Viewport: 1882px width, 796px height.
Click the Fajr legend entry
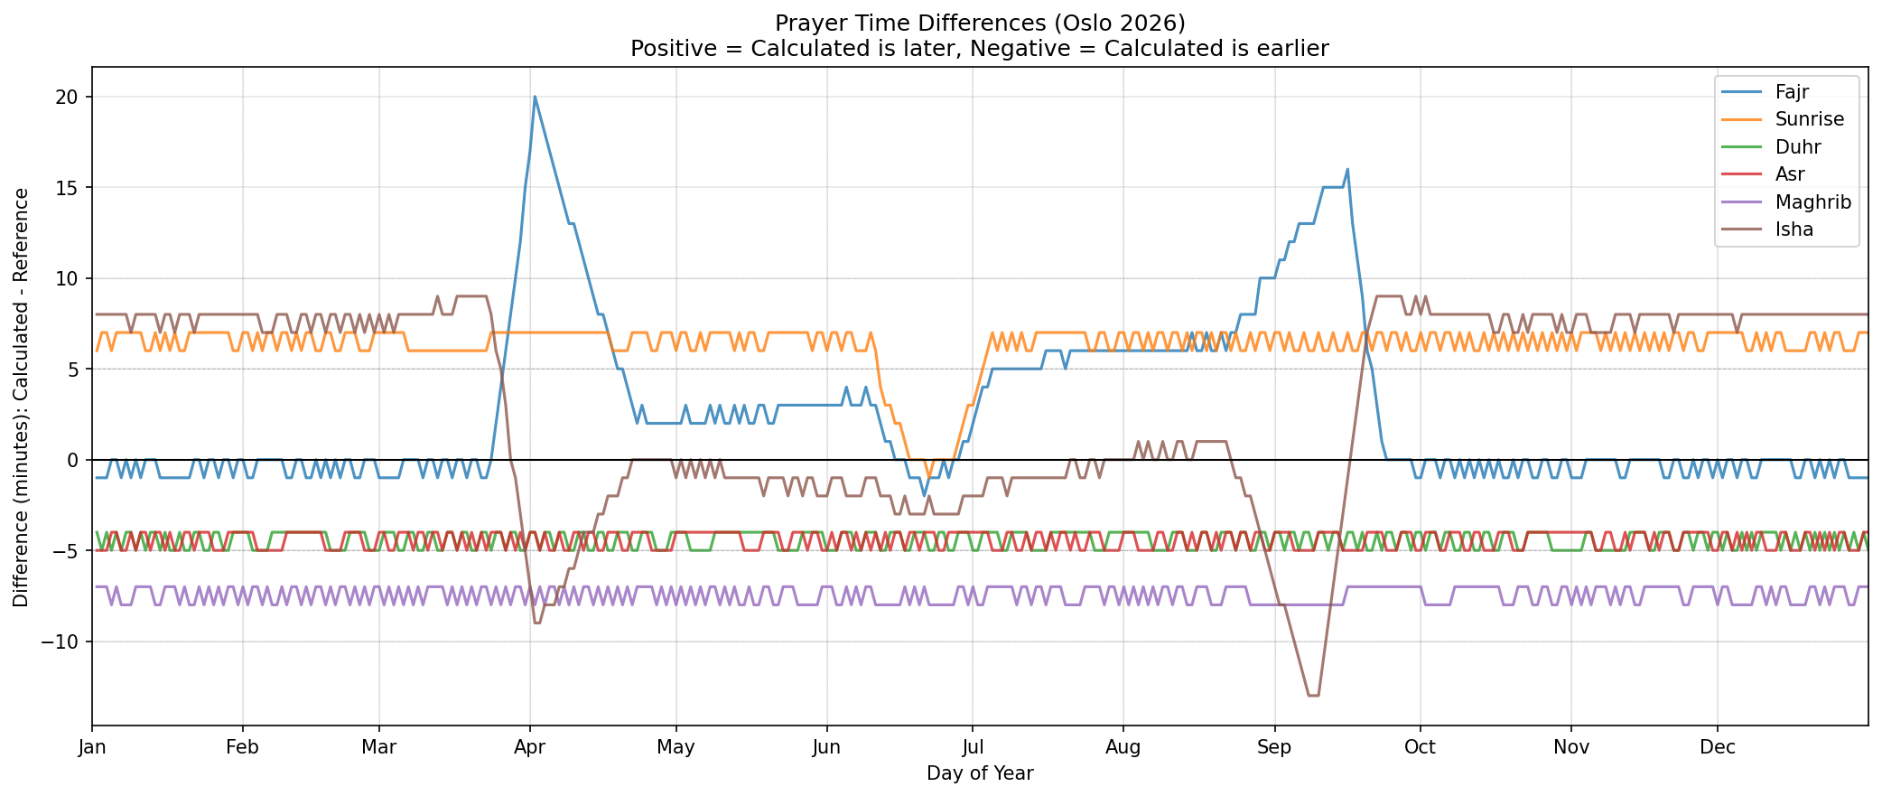coord(1792,91)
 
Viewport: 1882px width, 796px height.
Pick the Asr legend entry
coord(1789,174)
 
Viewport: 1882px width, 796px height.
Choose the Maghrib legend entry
coord(1812,201)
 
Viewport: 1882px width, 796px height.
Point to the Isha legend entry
coord(1793,229)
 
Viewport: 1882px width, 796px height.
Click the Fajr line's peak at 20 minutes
coord(535,97)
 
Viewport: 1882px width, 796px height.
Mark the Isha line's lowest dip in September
coord(1314,695)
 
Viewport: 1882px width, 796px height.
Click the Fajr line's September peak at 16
coord(1347,169)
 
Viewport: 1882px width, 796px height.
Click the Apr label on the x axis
coord(529,747)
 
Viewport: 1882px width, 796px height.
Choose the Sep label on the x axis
coord(1274,747)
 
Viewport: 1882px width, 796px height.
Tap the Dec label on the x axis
coord(1717,747)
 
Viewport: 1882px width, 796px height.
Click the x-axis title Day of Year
coord(980,773)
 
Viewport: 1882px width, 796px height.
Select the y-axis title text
coord(21,398)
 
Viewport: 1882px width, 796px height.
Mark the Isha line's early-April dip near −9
coord(537,623)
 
